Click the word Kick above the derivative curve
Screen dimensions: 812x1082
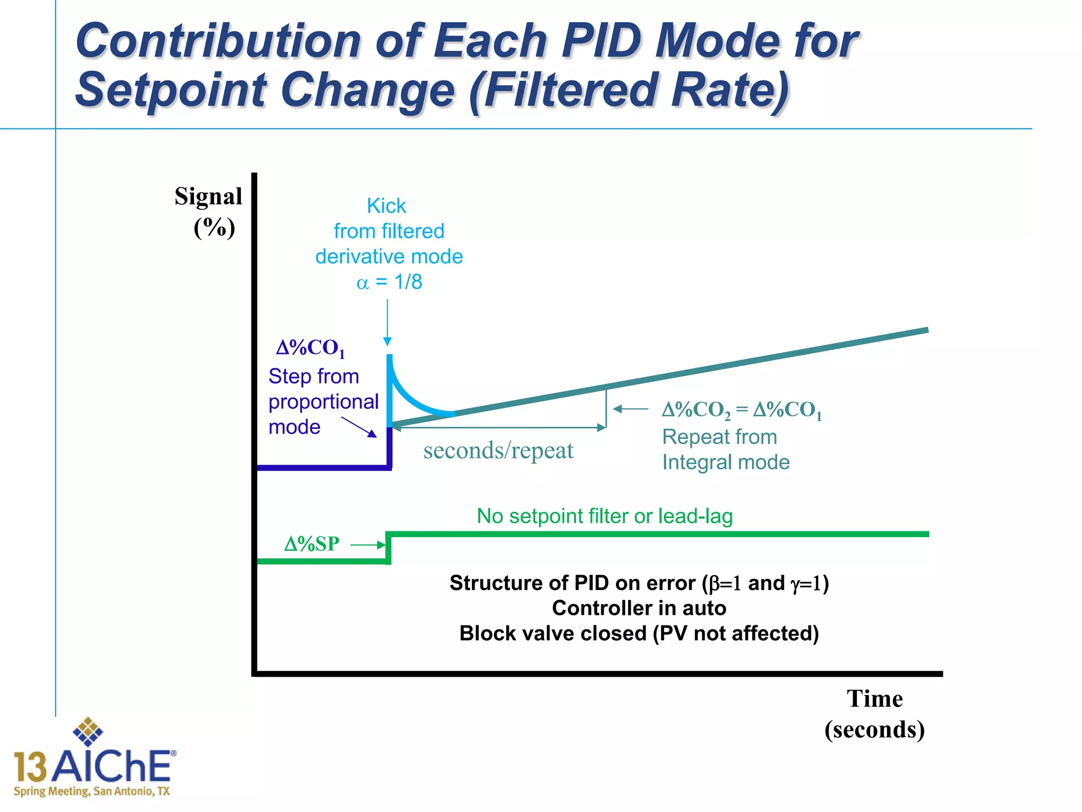click(386, 206)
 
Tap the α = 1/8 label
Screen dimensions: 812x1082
click(389, 282)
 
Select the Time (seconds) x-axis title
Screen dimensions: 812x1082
click(874, 714)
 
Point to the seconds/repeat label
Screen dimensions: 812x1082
click(498, 450)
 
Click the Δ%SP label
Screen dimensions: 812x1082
click(312, 544)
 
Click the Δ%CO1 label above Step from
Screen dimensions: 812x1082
click(311, 348)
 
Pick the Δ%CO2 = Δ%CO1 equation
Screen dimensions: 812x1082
click(742, 410)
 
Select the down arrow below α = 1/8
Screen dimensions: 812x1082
click(387, 322)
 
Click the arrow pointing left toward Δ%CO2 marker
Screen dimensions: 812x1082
click(631, 409)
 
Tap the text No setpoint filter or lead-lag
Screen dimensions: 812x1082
click(604, 516)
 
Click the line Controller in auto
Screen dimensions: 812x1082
click(639, 608)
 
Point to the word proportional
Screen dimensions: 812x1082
click(323, 402)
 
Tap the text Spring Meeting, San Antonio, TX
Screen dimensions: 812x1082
click(92, 791)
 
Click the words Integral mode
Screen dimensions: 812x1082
click(726, 463)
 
